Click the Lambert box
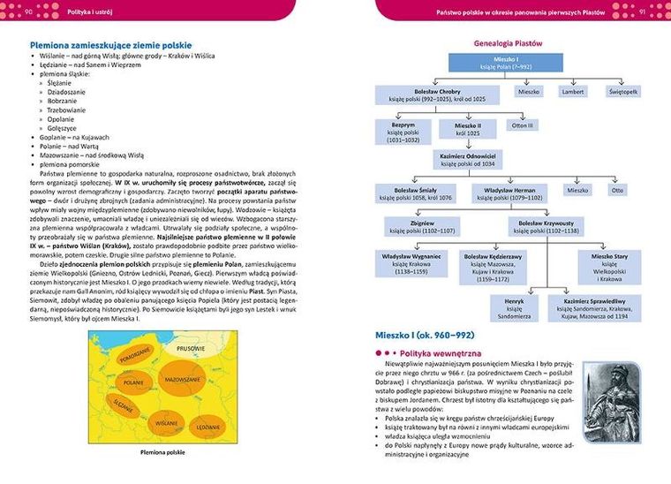[572, 91]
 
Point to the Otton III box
[521, 125]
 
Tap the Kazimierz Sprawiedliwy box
[598, 306]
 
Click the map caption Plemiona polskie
[162, 453]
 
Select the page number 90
[28, 11]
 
